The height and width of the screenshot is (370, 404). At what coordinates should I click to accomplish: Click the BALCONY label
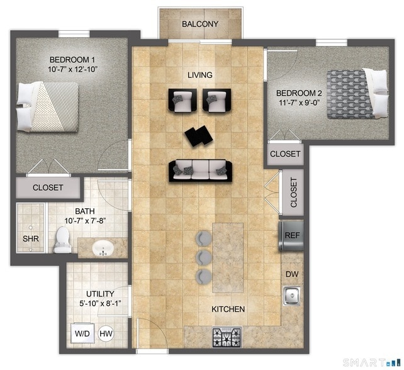pyautogui.click(x=199, y=25)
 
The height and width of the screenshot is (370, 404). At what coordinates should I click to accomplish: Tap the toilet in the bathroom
pyautogui.click(x=63, y=240)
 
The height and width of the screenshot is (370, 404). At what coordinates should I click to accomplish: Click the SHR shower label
pyautogui.click(x=30, y=239)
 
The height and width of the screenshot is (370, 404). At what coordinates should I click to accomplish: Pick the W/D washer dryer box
pyautogui.click(x=82, y=334)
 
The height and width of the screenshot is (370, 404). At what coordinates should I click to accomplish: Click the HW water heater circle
pyautogui.click(x=106, y=334)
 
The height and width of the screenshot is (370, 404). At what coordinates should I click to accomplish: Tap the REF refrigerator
pyautogui.click(x=291, y=235)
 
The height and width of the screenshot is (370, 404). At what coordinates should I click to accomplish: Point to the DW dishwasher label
pyautogui.click(x=291, y=274)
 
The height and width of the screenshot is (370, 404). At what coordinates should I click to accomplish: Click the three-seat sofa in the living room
pyautogui.click(x=199, y=170)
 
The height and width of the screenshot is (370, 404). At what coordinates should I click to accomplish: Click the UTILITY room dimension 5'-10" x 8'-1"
pyautogui.click(x=100, y=303)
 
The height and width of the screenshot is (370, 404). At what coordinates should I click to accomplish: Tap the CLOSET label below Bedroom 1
pyautogui.click(x=47, y=188)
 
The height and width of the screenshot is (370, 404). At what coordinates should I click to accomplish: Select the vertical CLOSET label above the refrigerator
pyautogui.click(x=293, y=193)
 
